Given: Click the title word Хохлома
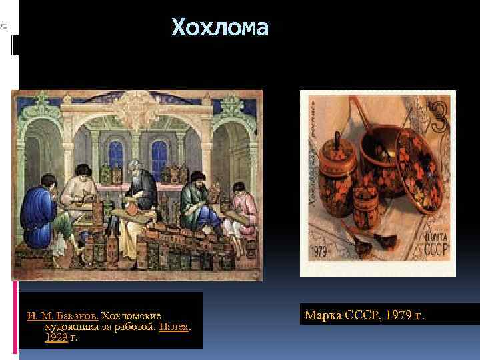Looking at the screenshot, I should click(220, 28).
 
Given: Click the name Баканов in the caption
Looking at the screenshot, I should click(76, 313).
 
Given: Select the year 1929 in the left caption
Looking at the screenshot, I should click(56, 337).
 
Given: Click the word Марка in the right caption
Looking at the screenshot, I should click(323, 313).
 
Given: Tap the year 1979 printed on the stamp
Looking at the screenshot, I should click(322, 254).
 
